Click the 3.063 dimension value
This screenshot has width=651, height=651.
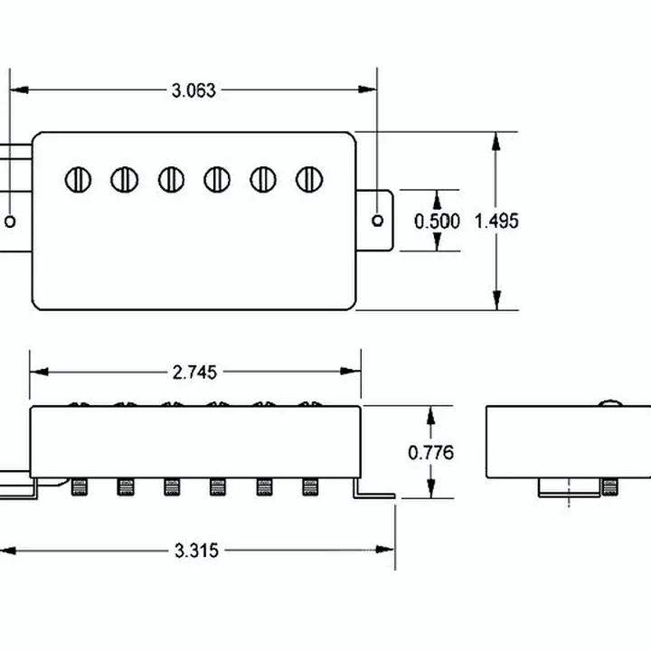click(193, 90)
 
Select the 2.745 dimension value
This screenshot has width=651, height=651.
click(194, 373)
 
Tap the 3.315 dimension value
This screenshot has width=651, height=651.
click(196, 551)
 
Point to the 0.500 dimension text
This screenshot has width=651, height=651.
click(438, 221)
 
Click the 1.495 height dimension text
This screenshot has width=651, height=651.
click(496, 221)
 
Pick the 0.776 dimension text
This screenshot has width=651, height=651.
click(431, 453)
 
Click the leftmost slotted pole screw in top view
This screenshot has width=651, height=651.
click(78, 180)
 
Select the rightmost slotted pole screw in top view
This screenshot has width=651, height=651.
click(309, 180)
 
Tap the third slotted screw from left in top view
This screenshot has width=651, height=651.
click(171, 180)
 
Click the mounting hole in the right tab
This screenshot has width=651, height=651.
click(377, 221)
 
